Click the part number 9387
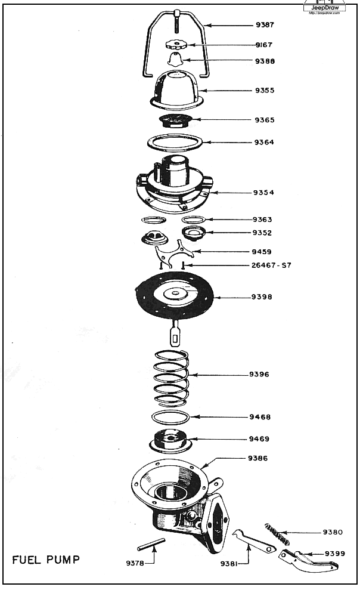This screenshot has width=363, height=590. point(264,26)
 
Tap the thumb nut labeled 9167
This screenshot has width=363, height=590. point(176,45)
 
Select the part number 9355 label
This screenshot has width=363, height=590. point(264,91)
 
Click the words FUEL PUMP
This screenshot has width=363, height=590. point(46,560)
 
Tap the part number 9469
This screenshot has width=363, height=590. point(259,439)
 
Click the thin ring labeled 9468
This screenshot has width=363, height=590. point(170,416)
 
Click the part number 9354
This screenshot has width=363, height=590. point(263,193)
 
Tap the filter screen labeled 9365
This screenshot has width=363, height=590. point(174,121)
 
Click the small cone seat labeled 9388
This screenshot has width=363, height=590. point(175,60)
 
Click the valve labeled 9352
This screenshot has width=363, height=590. point(194,233)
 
